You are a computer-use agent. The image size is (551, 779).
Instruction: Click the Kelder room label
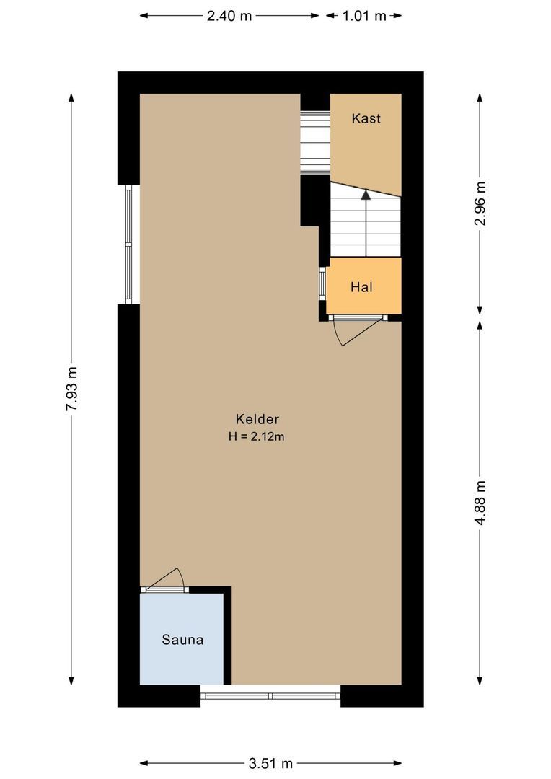tap(257, 419)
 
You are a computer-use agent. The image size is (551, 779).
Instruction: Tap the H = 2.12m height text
tap(257, 436)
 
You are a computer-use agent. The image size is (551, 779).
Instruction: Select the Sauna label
tap(182, 640)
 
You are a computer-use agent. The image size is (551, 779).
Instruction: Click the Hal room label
tap(361, 287)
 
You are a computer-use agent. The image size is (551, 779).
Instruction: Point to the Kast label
tap(366, 119)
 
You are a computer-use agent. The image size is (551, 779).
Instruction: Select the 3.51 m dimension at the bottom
tap(270, 763)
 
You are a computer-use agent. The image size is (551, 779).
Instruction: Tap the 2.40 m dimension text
tap(229, 16)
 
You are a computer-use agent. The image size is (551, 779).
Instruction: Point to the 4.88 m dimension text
tap(480, 501)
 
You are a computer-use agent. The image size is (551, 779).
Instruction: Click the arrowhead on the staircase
tap(366, 193)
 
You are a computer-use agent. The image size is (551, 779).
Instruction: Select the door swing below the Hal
tap(353, 334)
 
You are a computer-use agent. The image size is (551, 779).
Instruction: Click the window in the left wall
tap(129, 244)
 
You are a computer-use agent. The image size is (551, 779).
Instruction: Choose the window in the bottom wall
tap(270, 696)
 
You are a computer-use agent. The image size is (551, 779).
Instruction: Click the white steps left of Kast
tap(314, 141)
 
